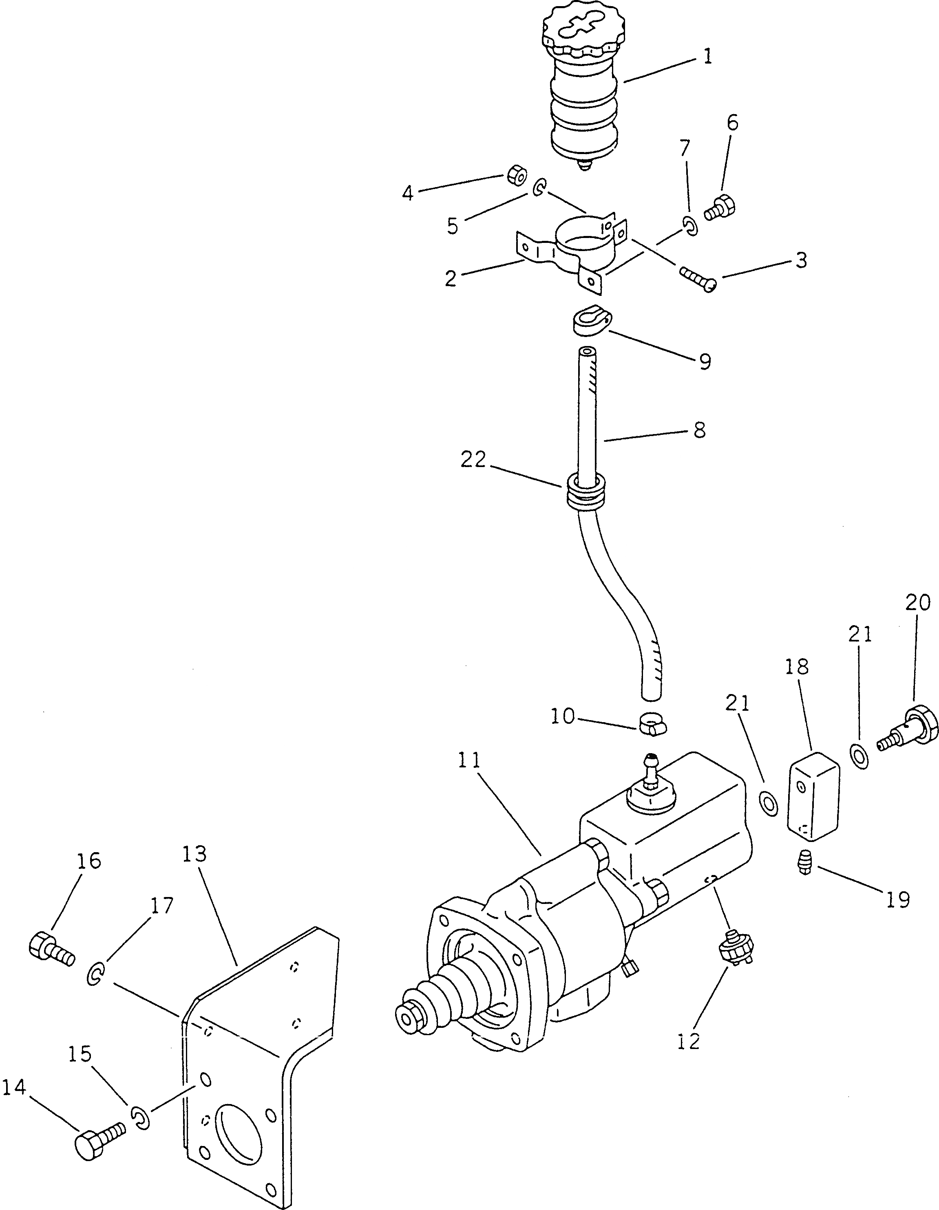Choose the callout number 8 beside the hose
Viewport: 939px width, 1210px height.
700,430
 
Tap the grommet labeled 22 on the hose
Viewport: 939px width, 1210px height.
585,492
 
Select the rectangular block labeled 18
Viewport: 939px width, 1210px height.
813,800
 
